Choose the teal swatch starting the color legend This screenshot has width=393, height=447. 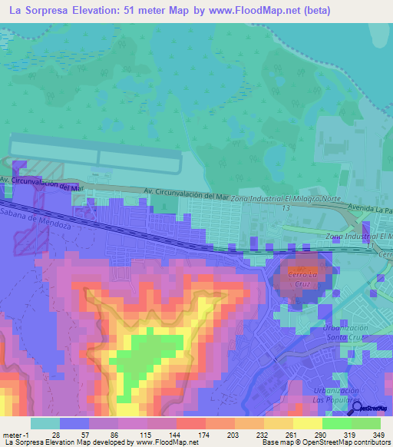click(45, 423)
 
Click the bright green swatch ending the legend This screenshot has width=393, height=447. click(365, 423)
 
